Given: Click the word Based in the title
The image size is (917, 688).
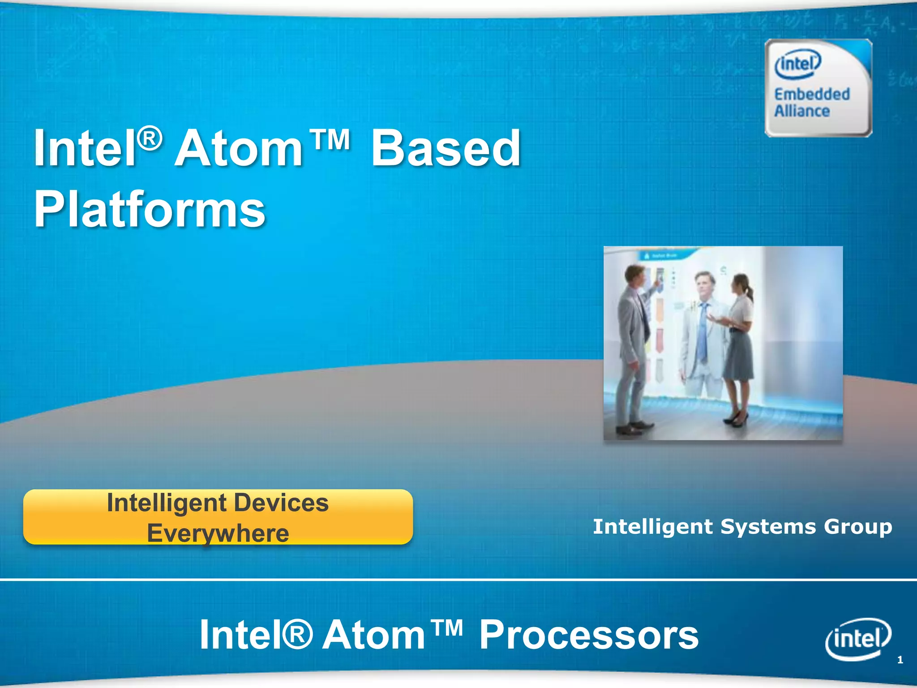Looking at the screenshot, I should pyautogui.click(x=446, y=148).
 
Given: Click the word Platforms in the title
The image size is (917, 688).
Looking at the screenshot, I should pyautogui.click(x=150, y=209).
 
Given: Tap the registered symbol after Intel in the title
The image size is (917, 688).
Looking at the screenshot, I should pyautogui.click(x=149, y=139).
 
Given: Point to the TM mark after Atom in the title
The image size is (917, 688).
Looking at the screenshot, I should pyautogui.click(x=330, y=140).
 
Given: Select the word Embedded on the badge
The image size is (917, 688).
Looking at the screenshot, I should pyautogui.click(x=812, y=95).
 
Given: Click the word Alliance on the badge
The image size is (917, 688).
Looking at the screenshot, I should pyautogui.click(x=802, y=111).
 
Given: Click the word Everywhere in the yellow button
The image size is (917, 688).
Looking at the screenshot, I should pyautogui.click(x=218, y=533).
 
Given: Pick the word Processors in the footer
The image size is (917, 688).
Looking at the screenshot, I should pyautogui.click(x=588, y=635).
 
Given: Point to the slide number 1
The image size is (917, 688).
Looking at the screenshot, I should pyautogui.click(x=900, y=660).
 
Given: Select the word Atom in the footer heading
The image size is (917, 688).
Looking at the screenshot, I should pyautogui.click(x=374, y=635).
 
